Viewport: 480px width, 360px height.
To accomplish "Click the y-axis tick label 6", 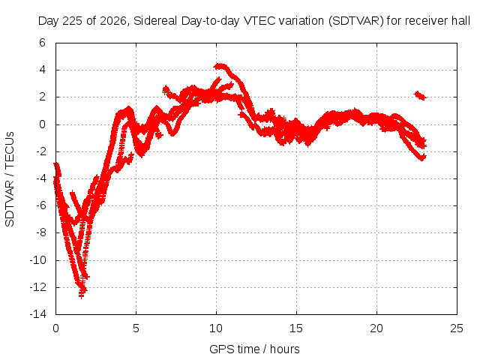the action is tap(42, 43).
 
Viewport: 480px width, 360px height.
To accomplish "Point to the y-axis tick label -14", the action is tap(37, 314).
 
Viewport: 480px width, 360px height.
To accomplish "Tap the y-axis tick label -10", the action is tap(37, 260).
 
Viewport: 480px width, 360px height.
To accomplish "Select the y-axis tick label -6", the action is tap(40, 205).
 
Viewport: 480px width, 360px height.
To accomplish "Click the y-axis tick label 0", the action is tap(42, 124).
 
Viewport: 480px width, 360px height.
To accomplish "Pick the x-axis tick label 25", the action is tap(457, 328).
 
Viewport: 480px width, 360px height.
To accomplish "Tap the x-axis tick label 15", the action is tap(296, 328).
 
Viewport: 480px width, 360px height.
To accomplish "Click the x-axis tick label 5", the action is tap(136, 328).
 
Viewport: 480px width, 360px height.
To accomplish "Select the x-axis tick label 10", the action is tap(216, 328).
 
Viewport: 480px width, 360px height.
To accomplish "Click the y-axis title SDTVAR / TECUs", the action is tap(10, 179).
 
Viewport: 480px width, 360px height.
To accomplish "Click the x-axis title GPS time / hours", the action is tap(254, 349).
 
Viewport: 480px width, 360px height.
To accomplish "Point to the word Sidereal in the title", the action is tap(155, 21).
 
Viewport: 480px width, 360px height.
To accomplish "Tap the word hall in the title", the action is tap(460, 21).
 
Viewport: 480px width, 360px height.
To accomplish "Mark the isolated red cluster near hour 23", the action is tap(420, 95).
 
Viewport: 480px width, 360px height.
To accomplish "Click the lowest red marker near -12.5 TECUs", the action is tap(82, 295).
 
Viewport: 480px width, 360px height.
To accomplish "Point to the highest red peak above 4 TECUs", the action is tap(220, 66).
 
